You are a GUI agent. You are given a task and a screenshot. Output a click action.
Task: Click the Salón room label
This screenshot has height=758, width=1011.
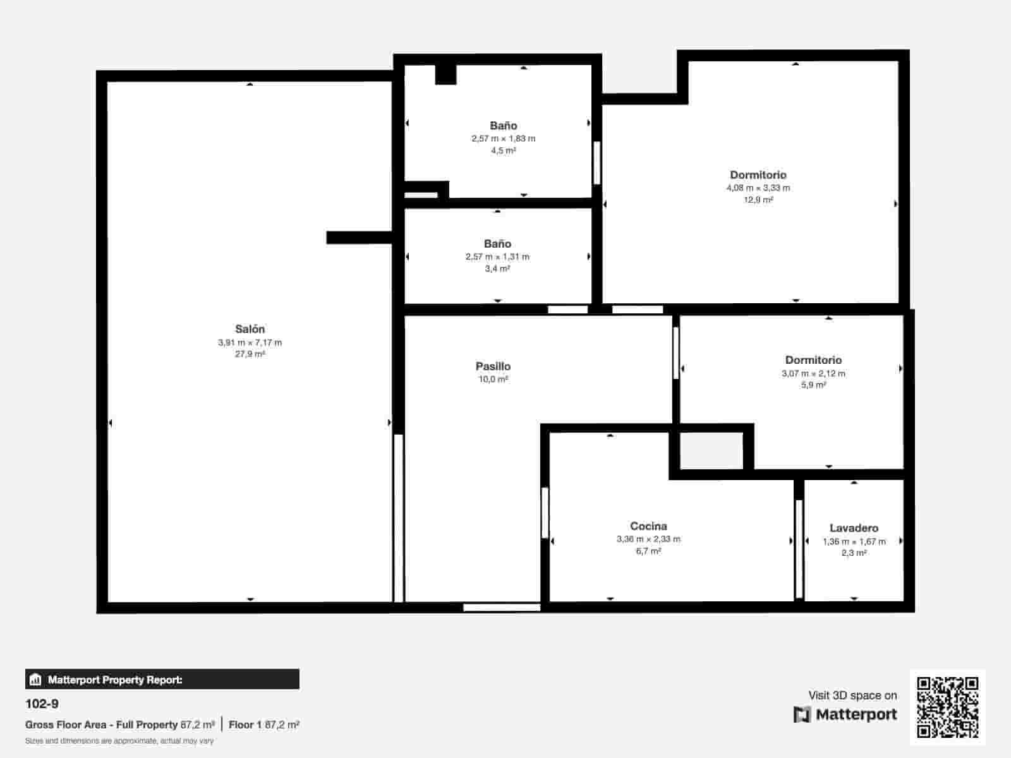pyautogui.click(x=250, y=329)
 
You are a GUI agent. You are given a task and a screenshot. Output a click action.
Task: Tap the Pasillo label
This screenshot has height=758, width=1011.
pyautogui.click(x=493, y=366)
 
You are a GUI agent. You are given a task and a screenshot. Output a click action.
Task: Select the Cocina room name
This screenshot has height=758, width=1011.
pyautogui.click(x=648, y=526)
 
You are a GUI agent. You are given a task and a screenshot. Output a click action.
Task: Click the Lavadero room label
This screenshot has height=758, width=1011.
pyautogui.click(x=854, y=528)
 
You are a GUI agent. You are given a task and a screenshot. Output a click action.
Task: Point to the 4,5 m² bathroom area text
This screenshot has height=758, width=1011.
pyautogui.click(x=503, y=150)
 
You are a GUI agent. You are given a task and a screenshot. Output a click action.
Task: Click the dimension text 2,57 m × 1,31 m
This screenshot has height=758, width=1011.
pyautogui.click(x=497, y=256)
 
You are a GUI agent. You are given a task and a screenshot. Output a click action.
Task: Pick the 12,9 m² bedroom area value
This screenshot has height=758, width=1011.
pyautogui.click(x=758, y=200)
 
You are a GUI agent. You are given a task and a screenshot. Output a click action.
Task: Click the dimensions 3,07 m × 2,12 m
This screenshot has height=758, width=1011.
pyautogui.click(x=813, y=373)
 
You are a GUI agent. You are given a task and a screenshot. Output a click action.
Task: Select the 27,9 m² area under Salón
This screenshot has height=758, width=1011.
pyautogui.click(x=250, y=354)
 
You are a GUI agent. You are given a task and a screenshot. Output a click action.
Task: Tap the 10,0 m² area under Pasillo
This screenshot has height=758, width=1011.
pyautogui.click(x=493, y=379)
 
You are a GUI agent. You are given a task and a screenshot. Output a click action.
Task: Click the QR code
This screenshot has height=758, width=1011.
pyautogui.click(x=947, y=707)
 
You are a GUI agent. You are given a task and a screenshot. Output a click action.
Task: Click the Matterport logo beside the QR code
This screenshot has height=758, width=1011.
pyautogui.click(x=845, y=714)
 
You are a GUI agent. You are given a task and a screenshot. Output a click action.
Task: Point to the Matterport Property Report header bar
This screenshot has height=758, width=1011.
pyautogui.click(x=162, y=680)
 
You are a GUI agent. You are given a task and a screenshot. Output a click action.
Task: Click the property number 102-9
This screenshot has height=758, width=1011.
pyautogui.click(x=42, y=704)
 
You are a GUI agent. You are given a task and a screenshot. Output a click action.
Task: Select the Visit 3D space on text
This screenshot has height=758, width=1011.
pyautogui.click(x=852, y=695)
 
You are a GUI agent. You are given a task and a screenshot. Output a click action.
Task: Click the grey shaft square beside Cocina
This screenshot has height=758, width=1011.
pyautogui.click(x=711, y=450)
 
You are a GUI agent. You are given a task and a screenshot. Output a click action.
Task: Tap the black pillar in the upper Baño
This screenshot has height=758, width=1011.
pyautogui.click(x=445, y=75)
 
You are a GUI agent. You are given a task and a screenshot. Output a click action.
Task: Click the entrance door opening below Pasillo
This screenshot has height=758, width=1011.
pyautogui.click(x=502, y=608)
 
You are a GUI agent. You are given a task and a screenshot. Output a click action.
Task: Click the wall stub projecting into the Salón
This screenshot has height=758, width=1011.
pyautogui.click(x=360, y=238)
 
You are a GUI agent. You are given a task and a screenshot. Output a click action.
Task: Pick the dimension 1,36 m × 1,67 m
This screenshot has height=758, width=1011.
pyautogui.click(x=854, y=541)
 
